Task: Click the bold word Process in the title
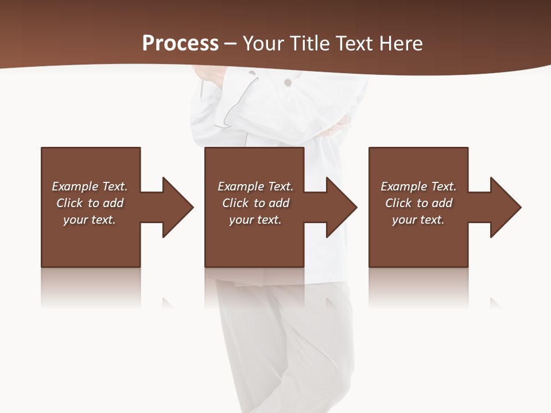click(180, 44)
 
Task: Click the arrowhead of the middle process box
click(341, 207)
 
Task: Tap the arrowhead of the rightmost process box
click(505, 207)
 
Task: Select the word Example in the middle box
click(240, 186)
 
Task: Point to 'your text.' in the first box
click(90, 220)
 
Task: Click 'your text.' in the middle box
click(255, 220)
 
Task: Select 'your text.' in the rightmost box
click(418, 220)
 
